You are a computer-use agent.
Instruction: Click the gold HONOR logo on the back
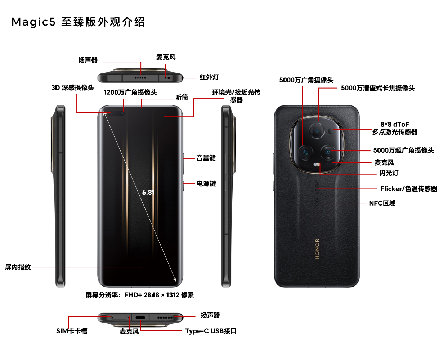tap(317, 249)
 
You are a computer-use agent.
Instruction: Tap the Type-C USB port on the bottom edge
tap(140, 318)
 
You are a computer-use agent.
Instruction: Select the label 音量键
tap(206, 158)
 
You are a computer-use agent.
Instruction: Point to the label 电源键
tap(206, 184)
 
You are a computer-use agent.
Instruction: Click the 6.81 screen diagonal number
tap(148, 193)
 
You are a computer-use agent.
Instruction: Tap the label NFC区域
tap(382, 203)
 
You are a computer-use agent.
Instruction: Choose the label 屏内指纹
tap(18, 267)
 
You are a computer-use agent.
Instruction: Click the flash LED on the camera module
tap(317, 165)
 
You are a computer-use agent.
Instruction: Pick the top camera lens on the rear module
tap(317, 131)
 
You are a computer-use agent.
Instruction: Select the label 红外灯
tap(209, 77)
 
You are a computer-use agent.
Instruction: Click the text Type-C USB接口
tap(211, 331)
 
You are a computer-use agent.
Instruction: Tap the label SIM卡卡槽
tap(72, 331)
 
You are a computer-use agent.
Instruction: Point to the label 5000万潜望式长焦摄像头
tap(378, 88)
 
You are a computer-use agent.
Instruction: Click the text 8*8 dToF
tap(394, 124)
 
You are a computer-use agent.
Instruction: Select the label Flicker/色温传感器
tap(409, 189)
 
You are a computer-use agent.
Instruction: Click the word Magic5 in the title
tap(33, 22)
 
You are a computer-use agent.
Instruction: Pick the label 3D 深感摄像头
tap(73, 87)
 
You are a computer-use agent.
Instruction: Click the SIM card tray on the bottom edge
tap(119, 318)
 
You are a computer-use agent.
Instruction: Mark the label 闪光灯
tap(389, 173)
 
